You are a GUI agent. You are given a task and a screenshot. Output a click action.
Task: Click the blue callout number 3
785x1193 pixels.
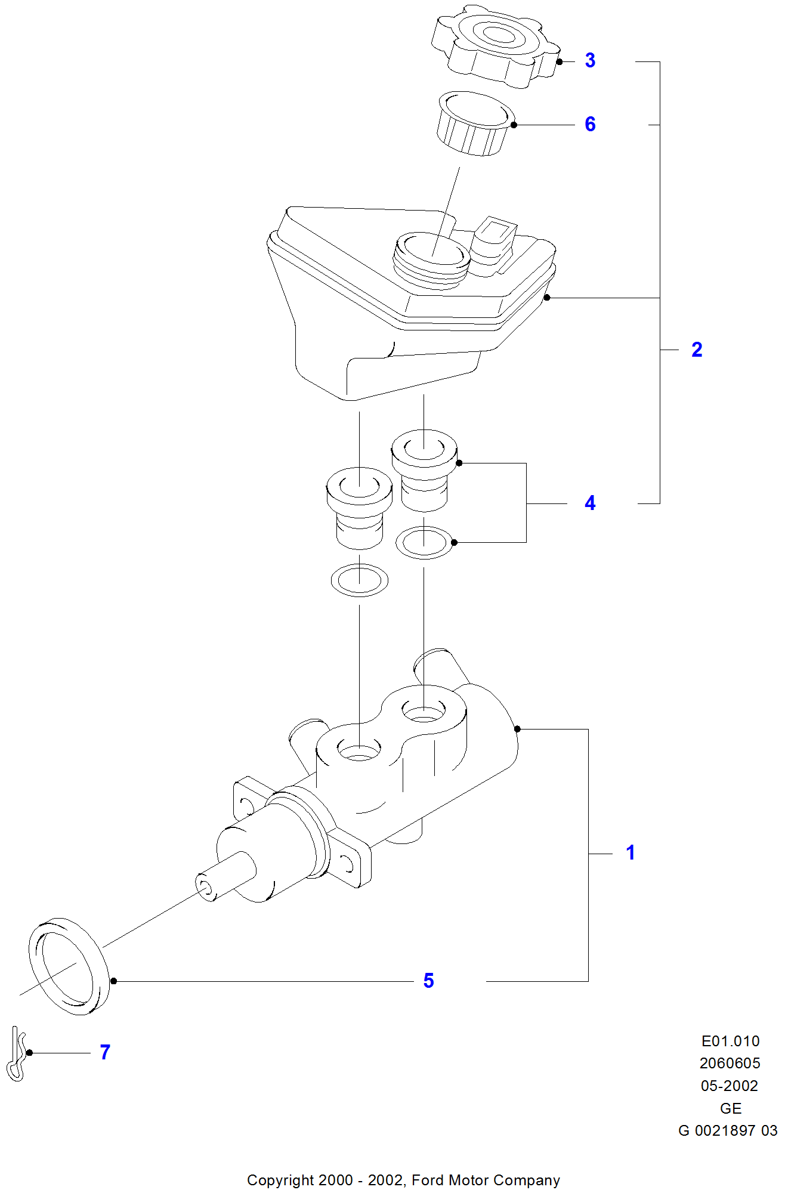[590, 60]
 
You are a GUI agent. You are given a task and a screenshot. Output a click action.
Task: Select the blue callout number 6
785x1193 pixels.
[590, 124]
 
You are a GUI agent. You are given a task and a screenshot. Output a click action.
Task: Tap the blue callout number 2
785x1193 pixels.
[697, 350]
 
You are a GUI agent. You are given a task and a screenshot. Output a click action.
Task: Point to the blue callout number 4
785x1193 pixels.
[590, 503]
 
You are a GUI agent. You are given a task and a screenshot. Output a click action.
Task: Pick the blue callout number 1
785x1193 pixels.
[631, 852]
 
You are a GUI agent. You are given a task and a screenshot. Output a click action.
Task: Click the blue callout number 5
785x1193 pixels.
[428, 981]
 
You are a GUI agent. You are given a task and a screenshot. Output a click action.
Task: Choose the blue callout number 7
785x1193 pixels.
[105, 1052]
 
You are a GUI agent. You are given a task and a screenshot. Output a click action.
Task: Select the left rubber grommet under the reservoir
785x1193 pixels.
[359, 508]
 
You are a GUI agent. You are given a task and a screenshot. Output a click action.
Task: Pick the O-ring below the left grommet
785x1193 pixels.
[359, 580]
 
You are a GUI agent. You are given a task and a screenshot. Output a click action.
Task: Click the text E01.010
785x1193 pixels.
[730, 1041]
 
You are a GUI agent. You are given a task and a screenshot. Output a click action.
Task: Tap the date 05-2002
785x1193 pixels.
[730, 1086]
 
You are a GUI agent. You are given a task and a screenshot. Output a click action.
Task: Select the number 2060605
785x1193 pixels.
[730, 1063]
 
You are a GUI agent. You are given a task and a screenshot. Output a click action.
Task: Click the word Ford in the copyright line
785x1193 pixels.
[428, 1180]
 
